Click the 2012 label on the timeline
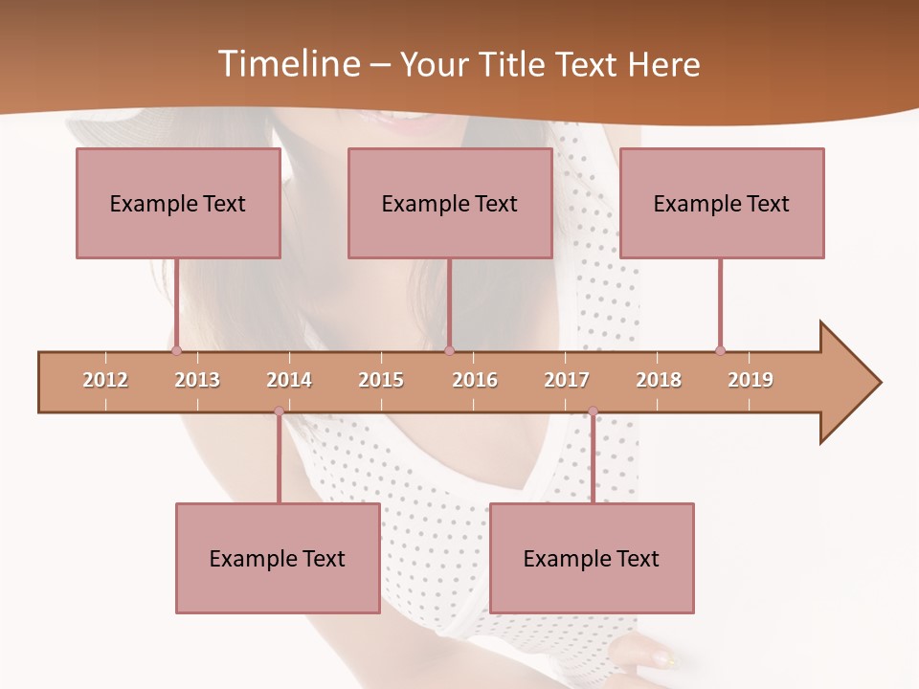(x=105, y=380)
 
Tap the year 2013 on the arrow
(x=197, y=380)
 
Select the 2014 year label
(x=289, y=380)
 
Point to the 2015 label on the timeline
(x=381, y=380)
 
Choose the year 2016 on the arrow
(x=475, y=380)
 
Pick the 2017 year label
(x=567, y=380)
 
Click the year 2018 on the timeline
(x=659, y=380)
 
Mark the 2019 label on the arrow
(x=751, y=380)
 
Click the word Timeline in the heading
(x=287, y=64)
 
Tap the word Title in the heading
(x=517, y=64)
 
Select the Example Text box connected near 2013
(x=178, y=203)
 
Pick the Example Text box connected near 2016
(x=450, y=203)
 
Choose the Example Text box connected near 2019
(x=722, y=203)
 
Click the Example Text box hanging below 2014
(x=278, y=558)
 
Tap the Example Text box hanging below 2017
(x=592, y=558)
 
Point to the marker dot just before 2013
(x=176, y=350)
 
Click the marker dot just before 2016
(x=449, y=350)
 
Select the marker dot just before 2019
(x=720, y=350)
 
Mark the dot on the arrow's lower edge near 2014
(x=279, y=411)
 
